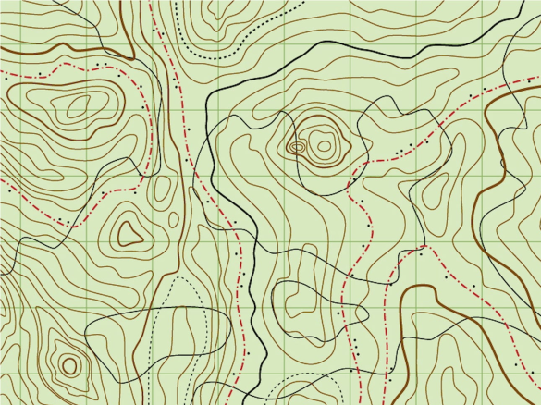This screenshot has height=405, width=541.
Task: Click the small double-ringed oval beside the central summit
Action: [297, 146]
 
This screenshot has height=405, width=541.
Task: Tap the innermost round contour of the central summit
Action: [324, 143]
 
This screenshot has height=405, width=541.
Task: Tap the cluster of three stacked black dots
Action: [354, 344]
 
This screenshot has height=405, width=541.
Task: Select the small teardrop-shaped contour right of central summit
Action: [432, 190]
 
